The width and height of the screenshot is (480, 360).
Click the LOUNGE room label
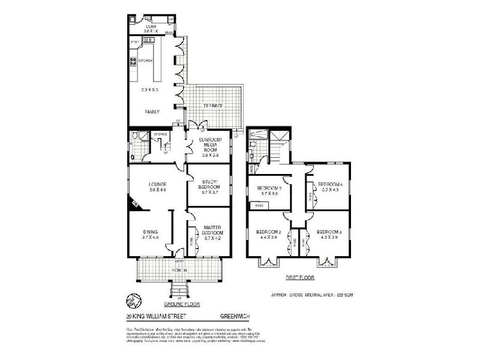pos(149,184)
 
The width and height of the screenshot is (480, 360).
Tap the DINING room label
pos(149,232)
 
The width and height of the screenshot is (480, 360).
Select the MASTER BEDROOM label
pos(213,229)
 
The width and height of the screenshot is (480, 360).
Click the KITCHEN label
pos(146,61)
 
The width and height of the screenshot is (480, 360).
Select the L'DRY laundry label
pos(150,27)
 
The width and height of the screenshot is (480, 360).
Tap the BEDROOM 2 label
pos(268,232)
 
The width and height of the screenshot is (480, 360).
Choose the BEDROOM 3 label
pos(329,232)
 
